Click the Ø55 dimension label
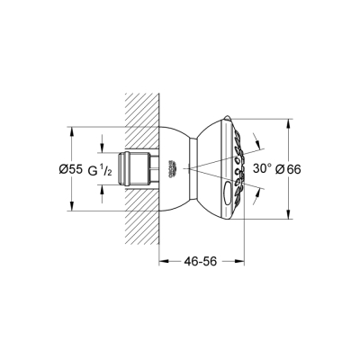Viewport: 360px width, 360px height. [x=81, y=168]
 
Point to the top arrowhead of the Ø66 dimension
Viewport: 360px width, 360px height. [x=289, y=122]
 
